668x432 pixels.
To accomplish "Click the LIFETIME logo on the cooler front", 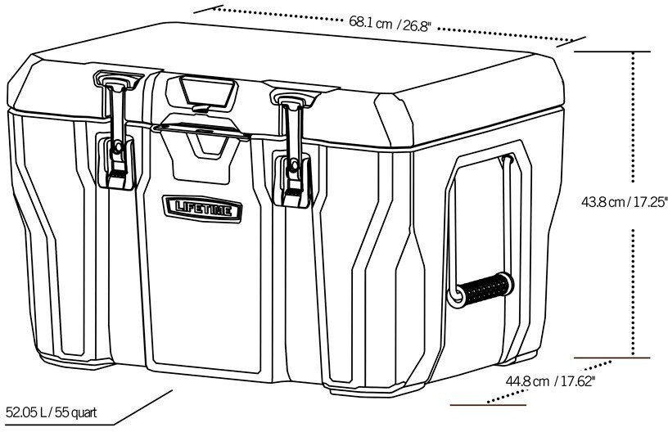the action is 201,208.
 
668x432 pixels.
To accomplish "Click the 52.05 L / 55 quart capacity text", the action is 51,412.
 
